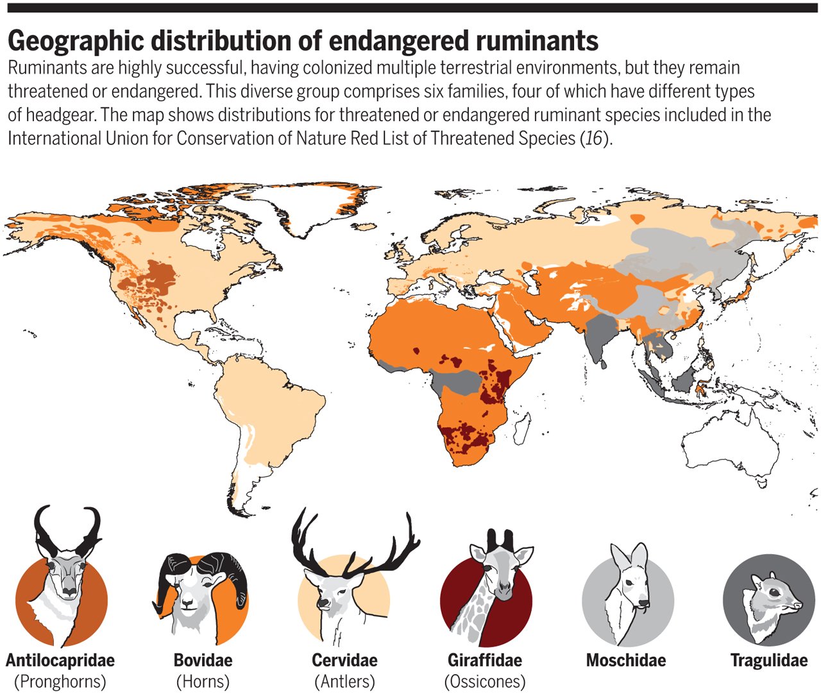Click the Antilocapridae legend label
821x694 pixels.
60,660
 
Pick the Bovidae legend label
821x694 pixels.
203,660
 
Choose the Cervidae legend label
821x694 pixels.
344,660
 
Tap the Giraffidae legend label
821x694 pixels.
485,660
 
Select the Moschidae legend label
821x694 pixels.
626,660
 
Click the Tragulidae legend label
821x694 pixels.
768,660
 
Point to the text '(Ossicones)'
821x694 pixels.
485,681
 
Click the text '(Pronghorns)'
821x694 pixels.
60,681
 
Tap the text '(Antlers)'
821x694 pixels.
344,681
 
